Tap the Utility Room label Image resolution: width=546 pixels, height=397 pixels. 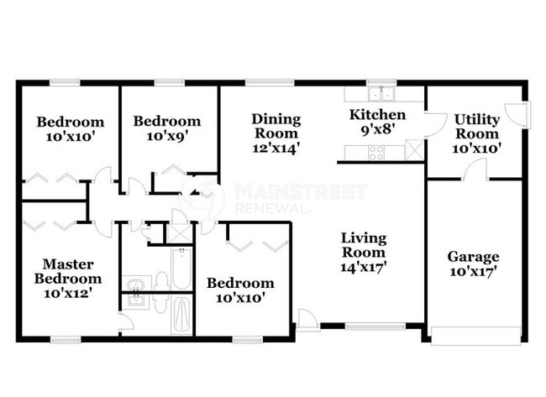coord(477,133)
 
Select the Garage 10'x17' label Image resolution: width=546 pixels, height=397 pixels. coord(473,264)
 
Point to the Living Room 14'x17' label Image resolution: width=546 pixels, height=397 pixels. coord(363,252)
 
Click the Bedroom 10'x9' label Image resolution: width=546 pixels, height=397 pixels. coord(167,128)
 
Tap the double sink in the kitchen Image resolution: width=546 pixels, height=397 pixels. coord(382,94)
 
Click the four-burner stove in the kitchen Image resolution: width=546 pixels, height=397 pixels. coord(375,152)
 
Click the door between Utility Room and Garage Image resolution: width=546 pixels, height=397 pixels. coord(475,171)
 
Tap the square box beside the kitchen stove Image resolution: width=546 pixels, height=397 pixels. coord(413,152)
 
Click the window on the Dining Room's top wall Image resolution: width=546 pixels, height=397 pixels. coord(258,82)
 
